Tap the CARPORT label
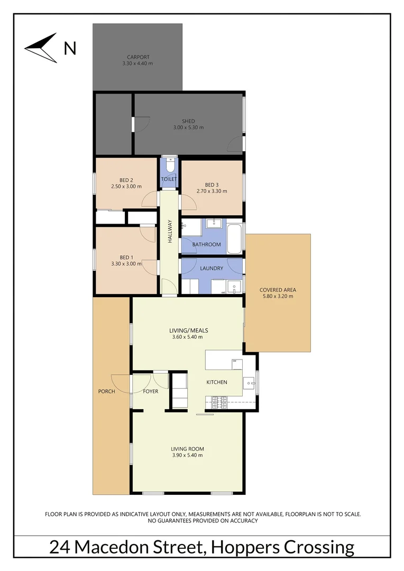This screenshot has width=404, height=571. [x=138, y=57]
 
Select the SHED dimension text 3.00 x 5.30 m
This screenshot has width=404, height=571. [x=188, y=127]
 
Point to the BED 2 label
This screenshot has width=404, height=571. [x=126, y=180]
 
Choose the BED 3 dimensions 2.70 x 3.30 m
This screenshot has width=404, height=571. [x=212, y=191]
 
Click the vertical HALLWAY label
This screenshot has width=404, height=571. [x=170, y=231]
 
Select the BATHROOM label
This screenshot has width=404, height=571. [x=206, y=244]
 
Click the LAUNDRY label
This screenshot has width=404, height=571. [x=212, y=269]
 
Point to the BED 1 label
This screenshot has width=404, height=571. [x=126, y=257]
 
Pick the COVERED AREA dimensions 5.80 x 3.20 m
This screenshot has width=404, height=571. [x=278, y=296]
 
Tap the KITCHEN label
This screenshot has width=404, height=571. [x=217, y=382]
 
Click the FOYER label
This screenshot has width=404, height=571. [x=151, y=391]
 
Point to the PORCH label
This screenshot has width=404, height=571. [x=106, y=391]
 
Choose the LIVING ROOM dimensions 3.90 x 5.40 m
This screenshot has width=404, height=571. [x=188, y=455]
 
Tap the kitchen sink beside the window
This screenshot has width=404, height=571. [x=249, y=382]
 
